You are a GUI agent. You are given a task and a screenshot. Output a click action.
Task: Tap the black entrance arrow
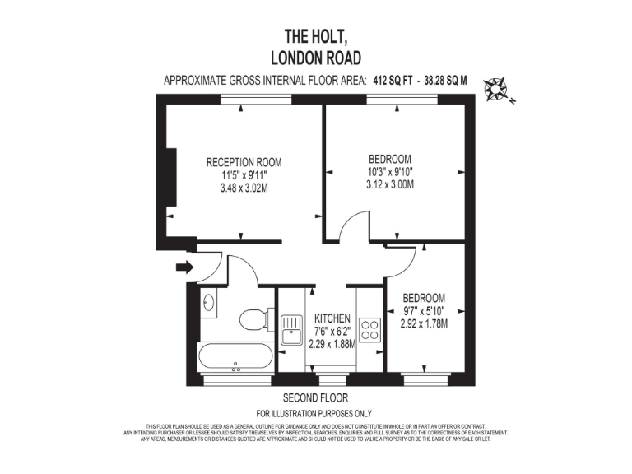[184, 267]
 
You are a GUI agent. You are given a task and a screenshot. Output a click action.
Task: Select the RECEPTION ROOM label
[244, 162]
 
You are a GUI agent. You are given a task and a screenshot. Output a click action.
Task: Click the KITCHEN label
[332, 318]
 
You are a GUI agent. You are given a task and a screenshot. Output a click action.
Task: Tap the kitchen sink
[290, 330]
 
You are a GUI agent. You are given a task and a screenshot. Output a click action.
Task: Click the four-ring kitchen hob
[369, 330]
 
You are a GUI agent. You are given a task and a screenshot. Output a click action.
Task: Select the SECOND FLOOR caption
[315, 398]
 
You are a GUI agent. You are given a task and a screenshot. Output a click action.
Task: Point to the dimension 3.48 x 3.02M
[244, 188]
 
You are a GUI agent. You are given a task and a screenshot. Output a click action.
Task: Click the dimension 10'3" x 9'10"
[389, 172]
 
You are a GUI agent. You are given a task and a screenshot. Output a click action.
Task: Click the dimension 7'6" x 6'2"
[332, 332]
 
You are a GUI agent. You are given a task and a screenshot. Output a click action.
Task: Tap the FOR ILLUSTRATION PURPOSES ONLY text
[315, 413]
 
